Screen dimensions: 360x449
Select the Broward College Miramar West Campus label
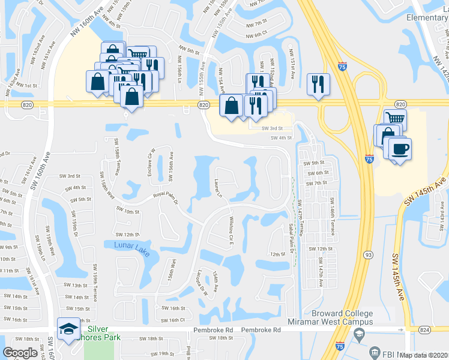tap(342, 318)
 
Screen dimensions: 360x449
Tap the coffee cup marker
tap(399, 150)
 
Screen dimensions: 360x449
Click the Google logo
tap(20, 353)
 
